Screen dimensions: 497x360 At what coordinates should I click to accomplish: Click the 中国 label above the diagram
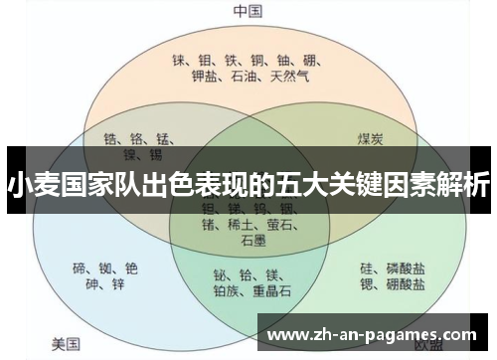click(248, 11)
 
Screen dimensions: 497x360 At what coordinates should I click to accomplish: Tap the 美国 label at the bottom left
click(66, 345)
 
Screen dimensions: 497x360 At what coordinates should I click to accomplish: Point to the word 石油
click(245, 76)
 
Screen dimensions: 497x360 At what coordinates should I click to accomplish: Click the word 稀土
click(242, 225)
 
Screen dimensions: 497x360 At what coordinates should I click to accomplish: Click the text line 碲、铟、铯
click(105, 268)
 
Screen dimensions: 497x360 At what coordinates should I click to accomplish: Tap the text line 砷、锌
click(105, 285)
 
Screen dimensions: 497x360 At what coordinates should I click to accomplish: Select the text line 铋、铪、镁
click(246, 274)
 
